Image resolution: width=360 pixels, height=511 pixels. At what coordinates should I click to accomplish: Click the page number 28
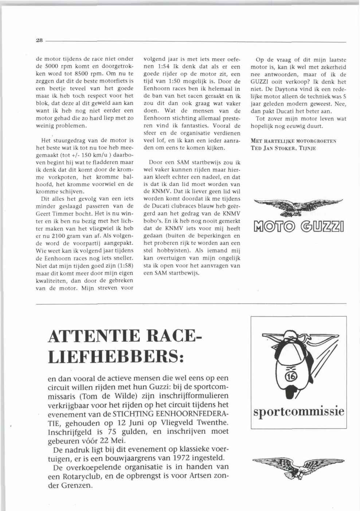pyautogui.click(x=39, y=41)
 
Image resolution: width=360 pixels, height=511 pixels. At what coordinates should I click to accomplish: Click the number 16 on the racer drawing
pyautogui.click(x=293, y=377)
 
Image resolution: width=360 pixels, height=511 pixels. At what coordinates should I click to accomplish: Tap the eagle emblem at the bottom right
pyautogui.click(x=298, y=467)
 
